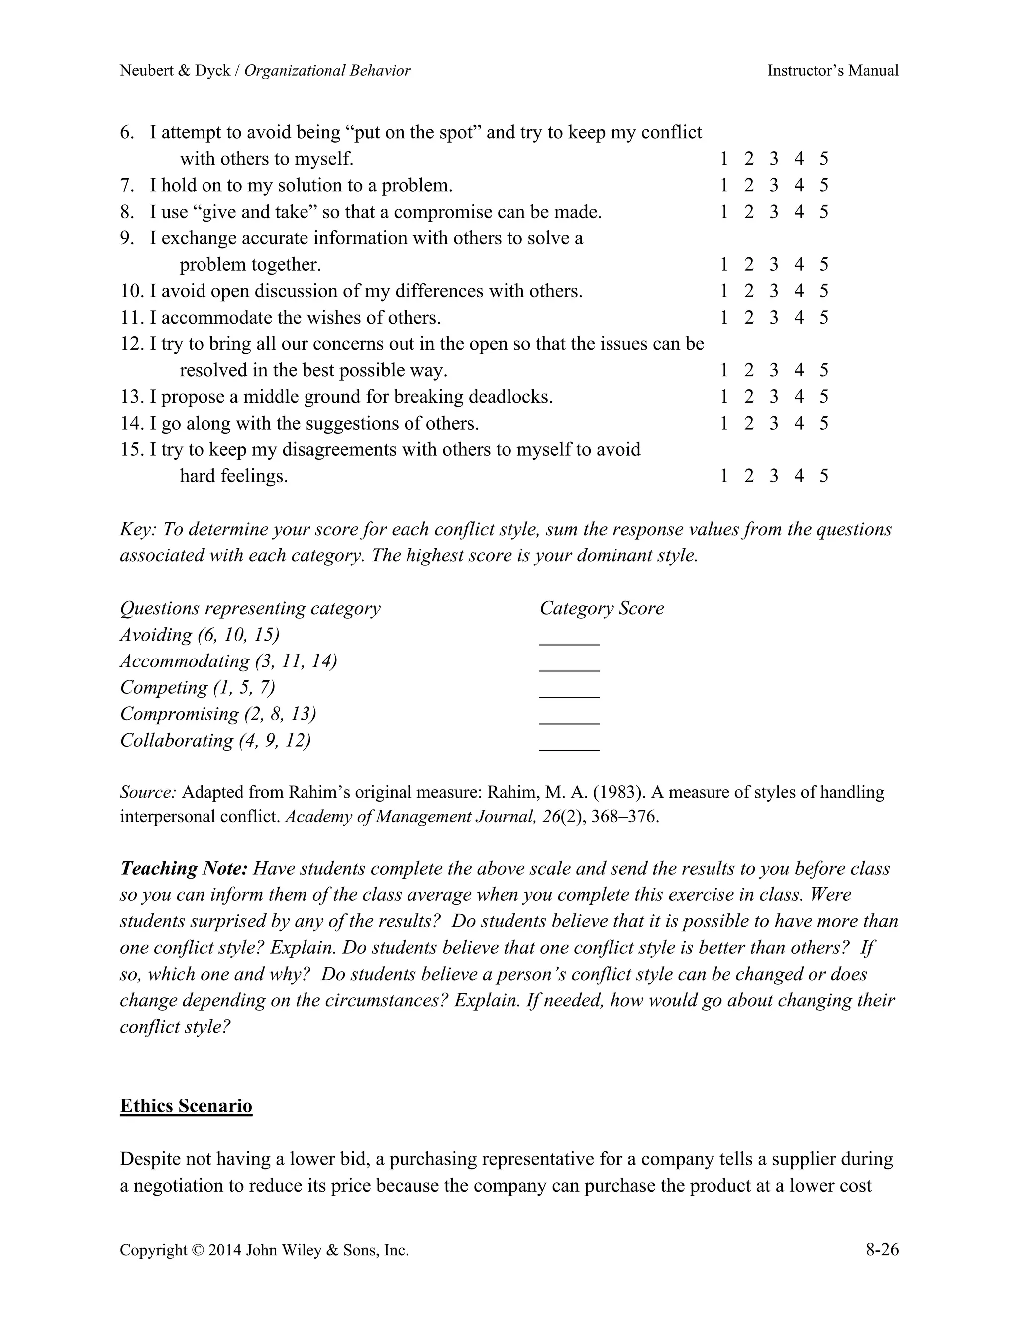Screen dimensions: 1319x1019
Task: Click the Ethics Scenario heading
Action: click(x=186, y=1106)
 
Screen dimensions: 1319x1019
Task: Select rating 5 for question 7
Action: click(x=824, y=186)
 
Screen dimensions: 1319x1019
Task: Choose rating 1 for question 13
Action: click(x=724, y=397)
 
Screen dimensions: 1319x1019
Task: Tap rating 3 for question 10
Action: click(x=774, y=291)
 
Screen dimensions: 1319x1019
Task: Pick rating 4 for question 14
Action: click(x=799, y=424)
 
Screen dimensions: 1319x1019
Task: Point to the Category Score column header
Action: click(x=601, y=608)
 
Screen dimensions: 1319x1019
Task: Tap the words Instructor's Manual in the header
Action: click(x=832, y=71)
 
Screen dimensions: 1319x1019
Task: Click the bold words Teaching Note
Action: click(x=184, y=869)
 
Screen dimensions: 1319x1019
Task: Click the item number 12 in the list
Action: click(x=130, y=344)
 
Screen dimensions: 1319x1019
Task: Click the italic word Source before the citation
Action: click(x=148, y=792)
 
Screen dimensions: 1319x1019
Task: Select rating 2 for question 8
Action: click(x=748, y=212)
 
